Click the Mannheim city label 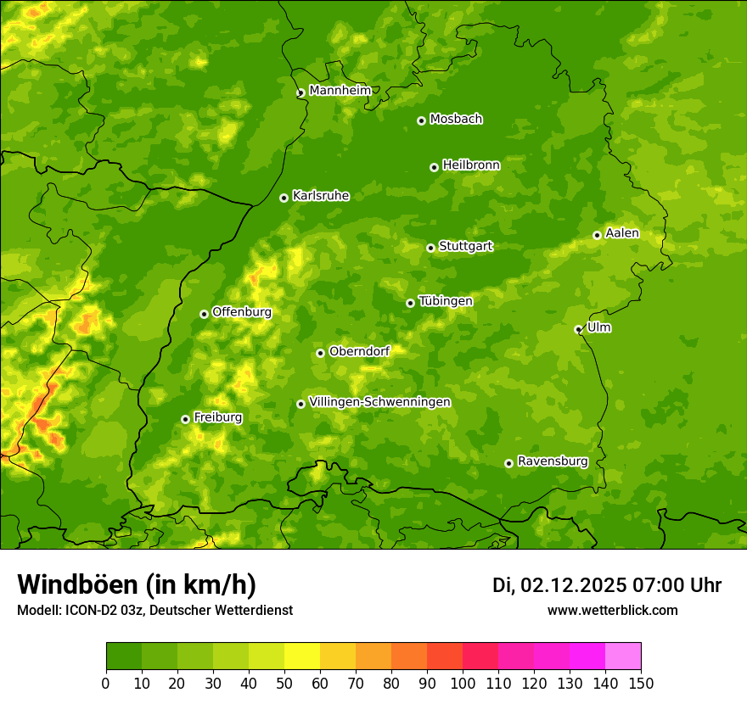[340, 91]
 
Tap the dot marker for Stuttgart [430, 248]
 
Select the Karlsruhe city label [320, 196]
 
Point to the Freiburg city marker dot [185, 419]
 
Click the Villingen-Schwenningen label [379, 402]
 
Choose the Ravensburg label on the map [552, 461]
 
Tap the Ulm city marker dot [578, 329]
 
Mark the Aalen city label [621, 233]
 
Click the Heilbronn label [471, 165]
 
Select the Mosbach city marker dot [421, 120]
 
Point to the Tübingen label [445, 301]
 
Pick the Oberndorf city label [359, 351]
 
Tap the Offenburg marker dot [204, 314]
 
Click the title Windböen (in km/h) [136, 584]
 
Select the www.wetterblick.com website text [612, 610]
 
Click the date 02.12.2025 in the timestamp [573, 585]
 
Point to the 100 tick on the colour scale [463, 683]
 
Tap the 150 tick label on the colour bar [641, 683]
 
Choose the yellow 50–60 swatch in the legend [302, 657]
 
